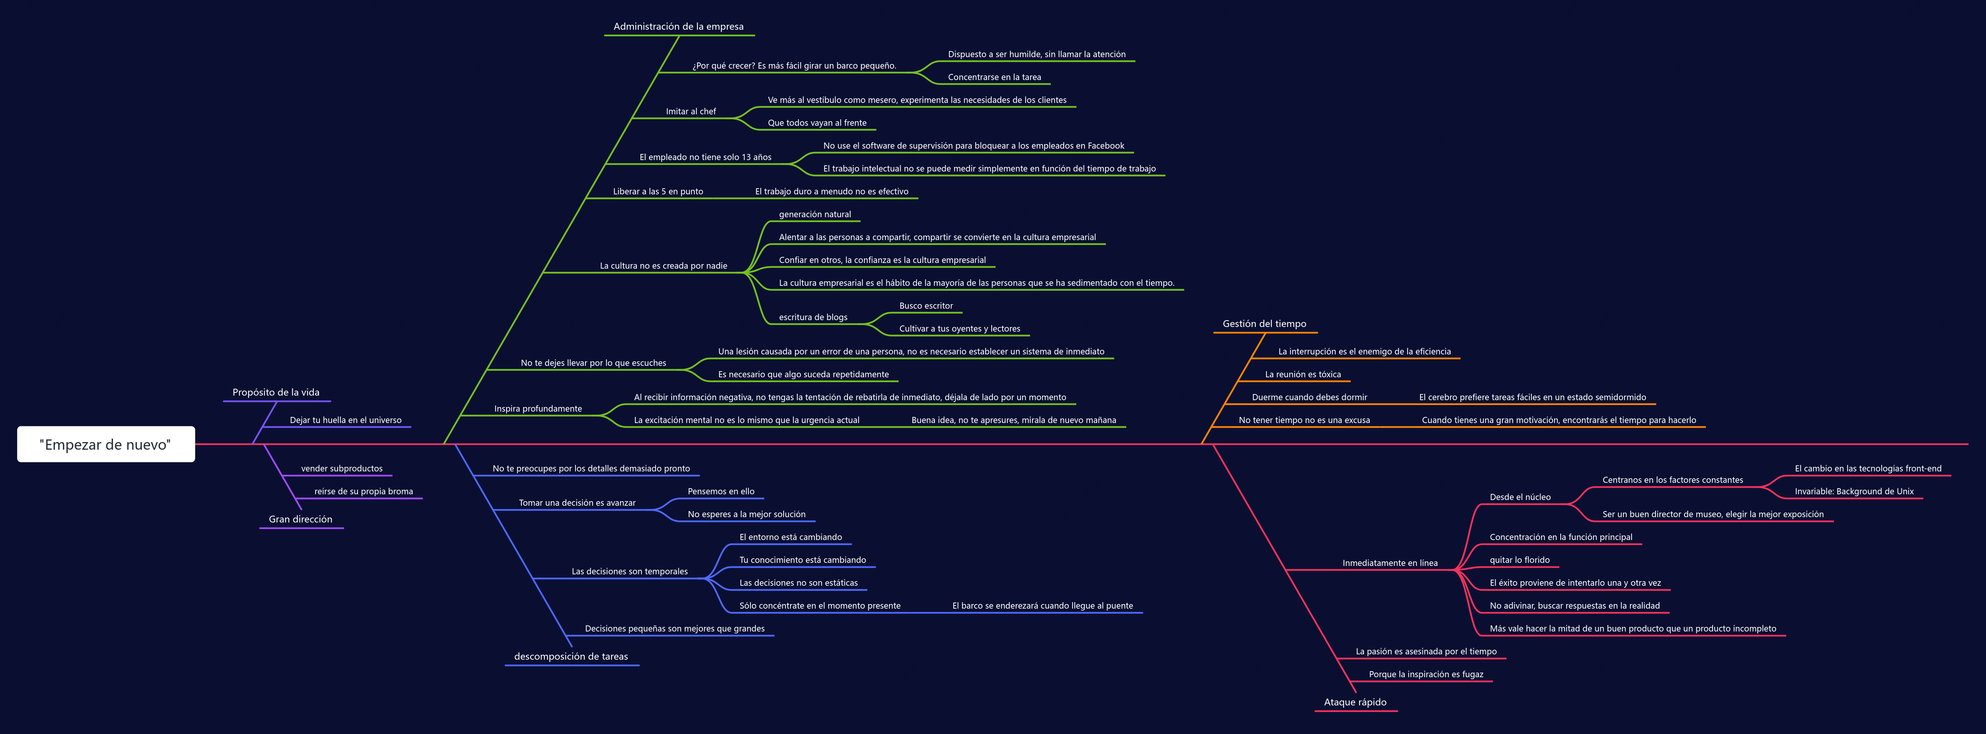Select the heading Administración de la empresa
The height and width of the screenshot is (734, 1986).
pos(678,26)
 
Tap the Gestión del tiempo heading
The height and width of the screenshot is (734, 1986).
pos(1265,324)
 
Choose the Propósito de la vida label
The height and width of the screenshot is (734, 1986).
pos(276,393)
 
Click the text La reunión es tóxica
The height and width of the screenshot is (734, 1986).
pos(1303,375)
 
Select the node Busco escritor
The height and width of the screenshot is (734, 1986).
pos(926,306)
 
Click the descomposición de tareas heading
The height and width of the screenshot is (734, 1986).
pos(571,657)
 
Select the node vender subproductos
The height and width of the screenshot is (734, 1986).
pos(341,469)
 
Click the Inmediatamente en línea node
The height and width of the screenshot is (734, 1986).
pos(1390,563)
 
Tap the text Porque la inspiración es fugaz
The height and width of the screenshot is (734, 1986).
pos(1426,675)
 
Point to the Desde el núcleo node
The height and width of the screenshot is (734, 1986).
pos(1520,497)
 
